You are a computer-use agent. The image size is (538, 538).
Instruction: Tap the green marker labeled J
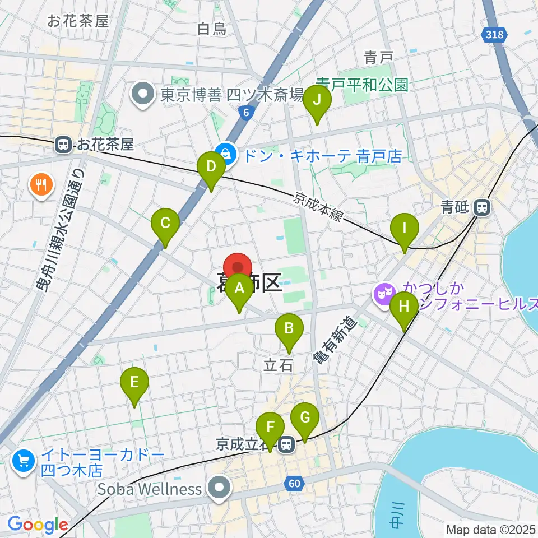(317, 101)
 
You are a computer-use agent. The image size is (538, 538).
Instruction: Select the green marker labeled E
(134, 383)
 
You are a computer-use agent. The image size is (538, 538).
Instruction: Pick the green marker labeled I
(405, 230)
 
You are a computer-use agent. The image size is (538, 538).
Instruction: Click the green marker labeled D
(211, 168)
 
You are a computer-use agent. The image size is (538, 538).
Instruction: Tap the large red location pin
(238, 267)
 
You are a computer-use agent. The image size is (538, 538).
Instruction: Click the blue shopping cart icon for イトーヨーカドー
(24, 461)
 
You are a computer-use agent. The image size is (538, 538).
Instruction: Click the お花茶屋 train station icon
(63, 145)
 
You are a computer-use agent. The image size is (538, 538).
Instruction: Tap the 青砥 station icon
(481, 208)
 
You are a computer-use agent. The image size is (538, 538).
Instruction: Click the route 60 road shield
(296, 483)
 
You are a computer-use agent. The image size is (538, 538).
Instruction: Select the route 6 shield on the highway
(246, 112)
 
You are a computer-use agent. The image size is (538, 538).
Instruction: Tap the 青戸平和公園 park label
(361, 85)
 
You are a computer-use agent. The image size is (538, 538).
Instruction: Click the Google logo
(38, 525)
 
